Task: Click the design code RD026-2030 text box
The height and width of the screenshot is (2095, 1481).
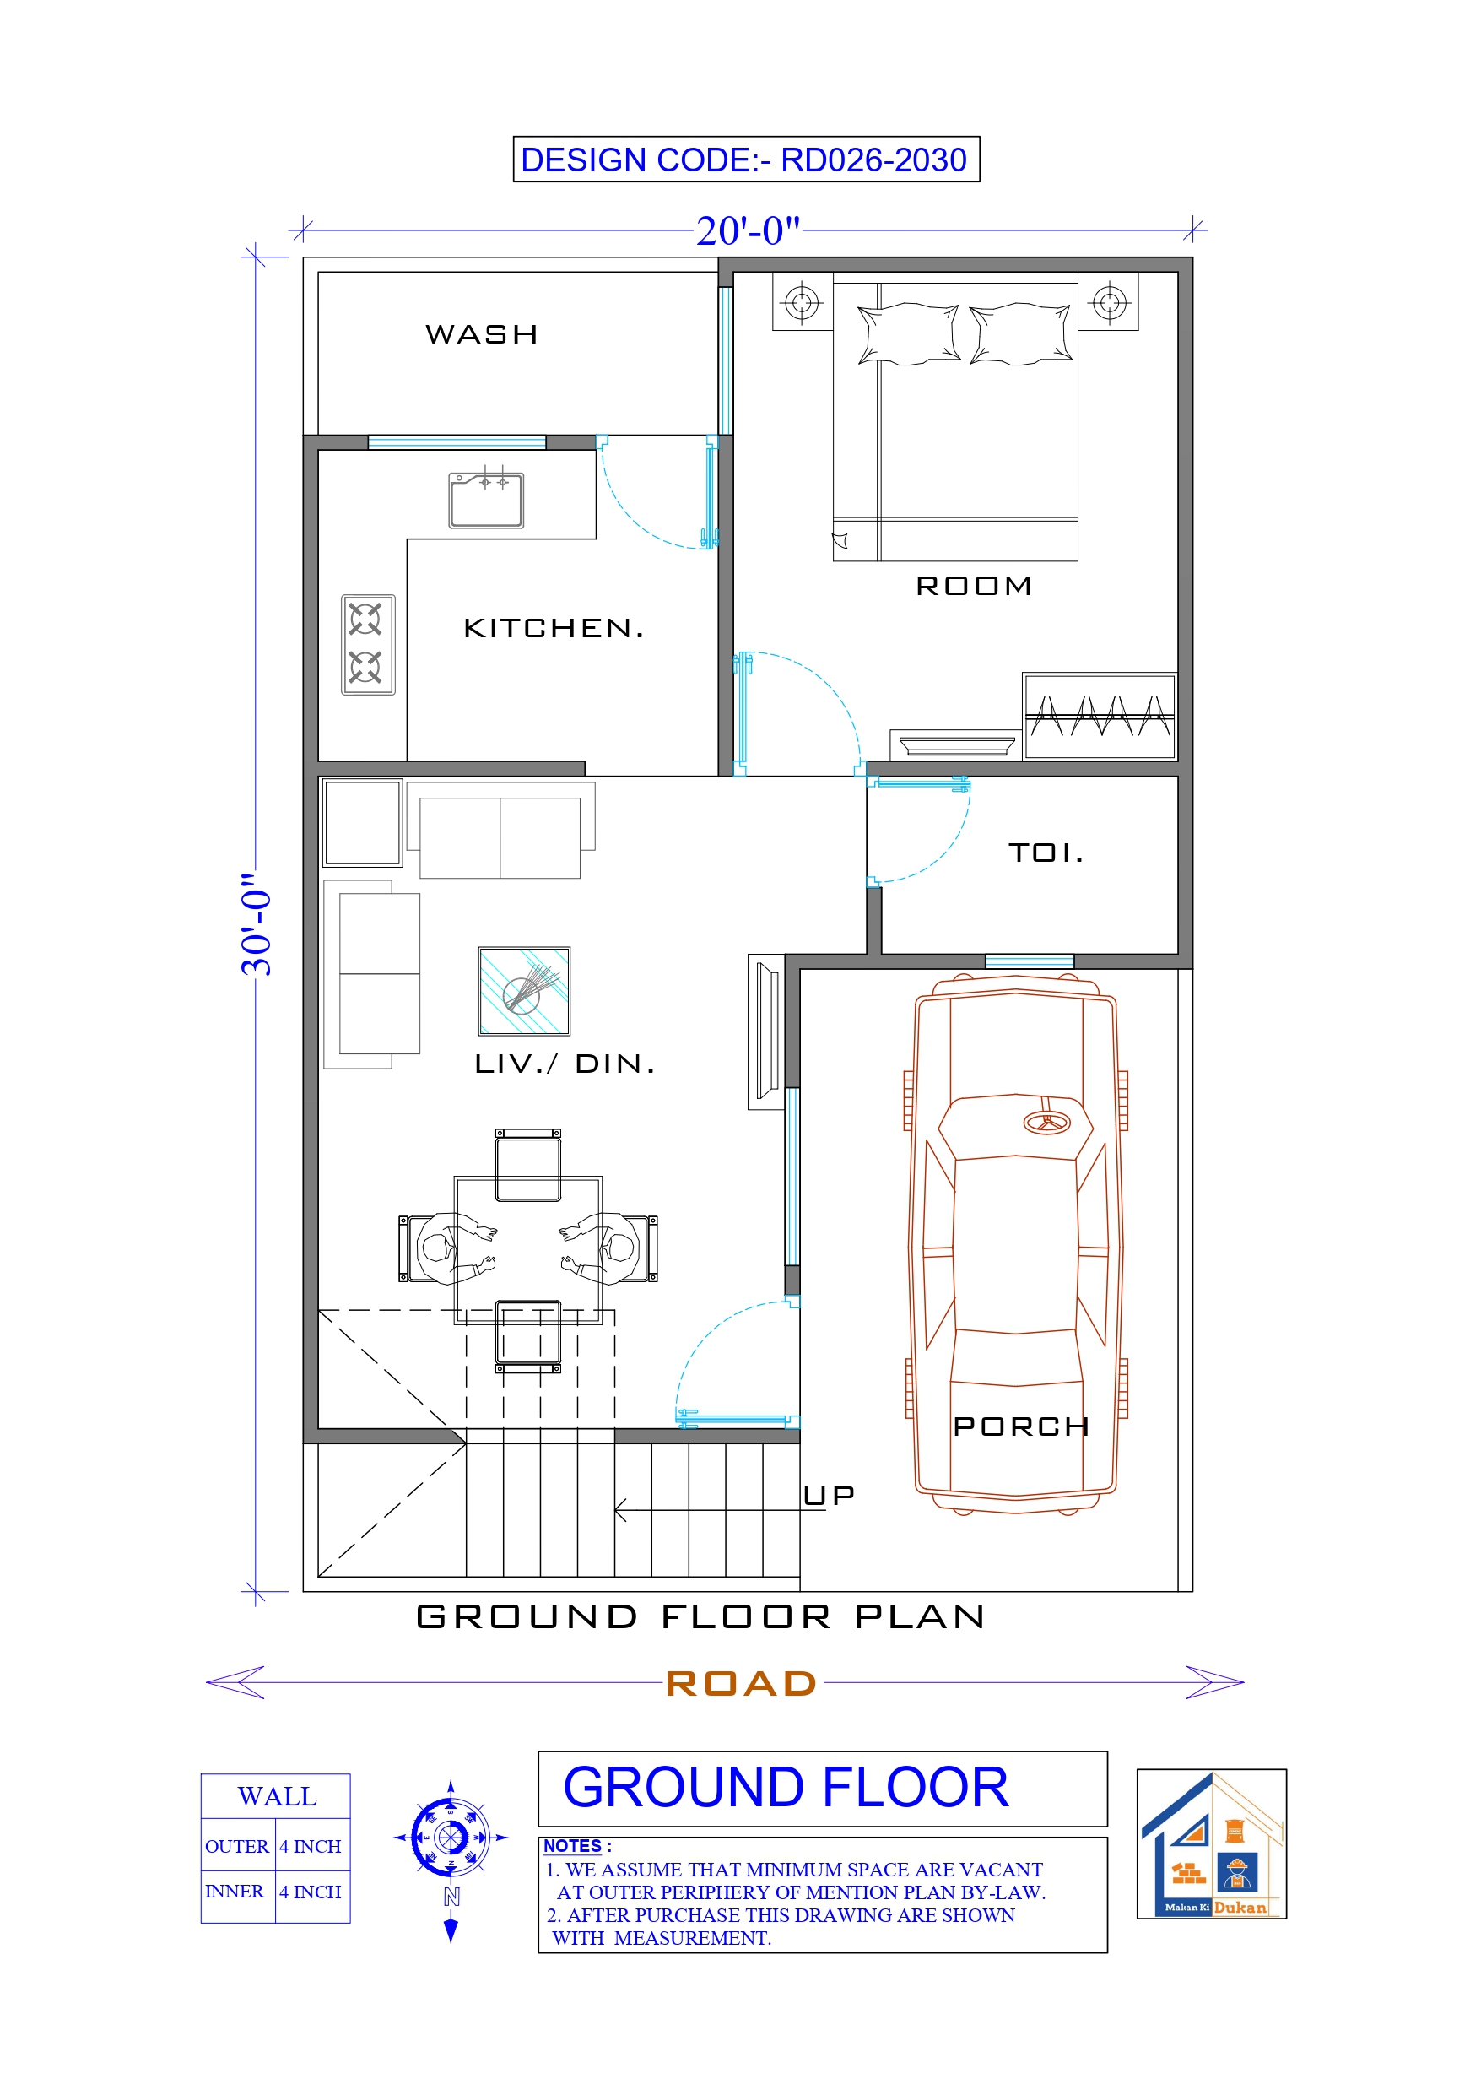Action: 745,160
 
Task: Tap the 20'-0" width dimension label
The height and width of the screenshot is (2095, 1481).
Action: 748,230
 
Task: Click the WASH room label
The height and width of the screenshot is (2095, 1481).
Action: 482,334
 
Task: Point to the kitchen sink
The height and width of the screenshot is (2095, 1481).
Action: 485,500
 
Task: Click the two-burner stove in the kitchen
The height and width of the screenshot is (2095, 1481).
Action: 368,644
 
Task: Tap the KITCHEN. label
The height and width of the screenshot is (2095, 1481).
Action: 553,628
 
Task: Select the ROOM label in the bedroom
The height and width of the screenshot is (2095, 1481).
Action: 974,586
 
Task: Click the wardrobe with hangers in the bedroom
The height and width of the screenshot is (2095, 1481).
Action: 1099,717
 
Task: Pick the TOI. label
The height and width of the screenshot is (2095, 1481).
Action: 1046,853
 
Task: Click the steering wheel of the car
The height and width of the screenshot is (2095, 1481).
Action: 1046,1123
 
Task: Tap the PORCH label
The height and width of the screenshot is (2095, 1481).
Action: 1020,1426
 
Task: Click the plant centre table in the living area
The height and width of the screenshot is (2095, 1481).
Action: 524,990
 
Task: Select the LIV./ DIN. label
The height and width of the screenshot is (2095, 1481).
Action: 565,1063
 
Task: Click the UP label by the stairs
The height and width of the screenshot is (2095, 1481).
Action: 829,1496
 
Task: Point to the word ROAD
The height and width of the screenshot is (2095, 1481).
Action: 741,1683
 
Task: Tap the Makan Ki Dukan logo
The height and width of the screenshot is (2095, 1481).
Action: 1211,1844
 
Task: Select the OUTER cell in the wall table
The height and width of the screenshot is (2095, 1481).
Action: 236,1846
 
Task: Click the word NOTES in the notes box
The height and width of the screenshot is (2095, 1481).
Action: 572,1846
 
